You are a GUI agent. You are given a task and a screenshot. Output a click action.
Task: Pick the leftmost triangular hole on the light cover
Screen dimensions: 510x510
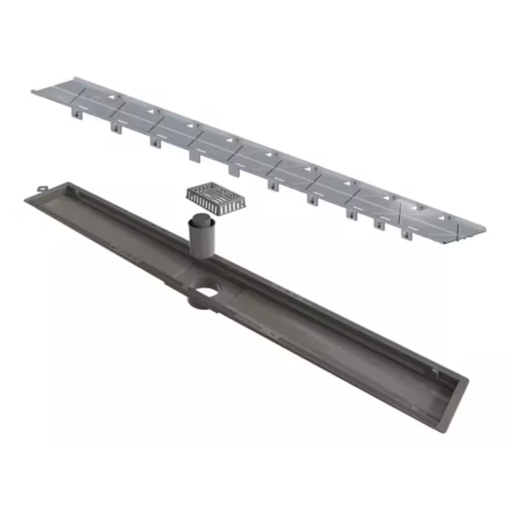[112, 97]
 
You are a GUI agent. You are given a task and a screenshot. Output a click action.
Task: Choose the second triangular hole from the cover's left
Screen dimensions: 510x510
[151, 111]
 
